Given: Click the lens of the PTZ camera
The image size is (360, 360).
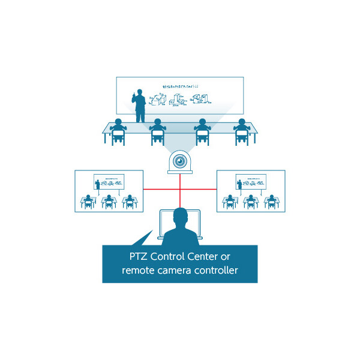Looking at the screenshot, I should click(x=180, y=160).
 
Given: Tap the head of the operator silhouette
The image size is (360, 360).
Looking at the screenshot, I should click(x=180, y=215).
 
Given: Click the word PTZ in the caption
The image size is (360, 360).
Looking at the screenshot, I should click(x=139, y=257).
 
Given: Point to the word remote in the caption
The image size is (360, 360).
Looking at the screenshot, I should click(x=139, y=271).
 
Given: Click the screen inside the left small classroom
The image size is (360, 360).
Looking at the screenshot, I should click(x=109, y=181).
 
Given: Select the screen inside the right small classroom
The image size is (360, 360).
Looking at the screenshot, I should click(x=251, y=181).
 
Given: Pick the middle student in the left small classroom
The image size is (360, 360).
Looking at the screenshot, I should click(x=109, y=200).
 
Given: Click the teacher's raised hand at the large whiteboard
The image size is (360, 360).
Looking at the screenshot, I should click(x=133, y=97).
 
